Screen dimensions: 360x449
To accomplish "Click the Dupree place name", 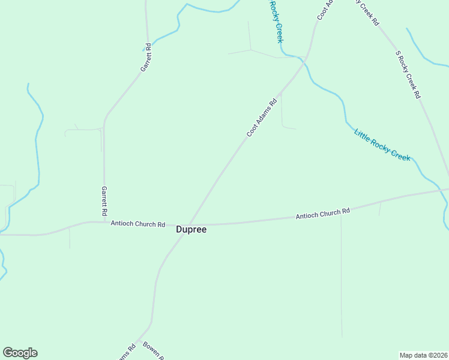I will click(191, 229).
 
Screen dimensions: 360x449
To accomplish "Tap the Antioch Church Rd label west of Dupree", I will click(137, 224).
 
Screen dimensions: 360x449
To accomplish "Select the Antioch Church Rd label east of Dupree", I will click(322, 214).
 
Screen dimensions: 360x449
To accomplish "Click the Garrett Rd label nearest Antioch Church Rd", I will click(104, 200).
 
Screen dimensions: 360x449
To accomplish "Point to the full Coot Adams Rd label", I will click(262, 118).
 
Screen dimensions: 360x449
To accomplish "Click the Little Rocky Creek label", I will click(382, 145).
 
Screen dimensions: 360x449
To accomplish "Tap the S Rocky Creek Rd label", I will click(408, 74).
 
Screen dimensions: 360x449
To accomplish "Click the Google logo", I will click(20, 353).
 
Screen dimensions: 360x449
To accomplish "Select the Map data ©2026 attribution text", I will click(423, 355).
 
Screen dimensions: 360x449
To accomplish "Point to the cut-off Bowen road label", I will click(153, 352).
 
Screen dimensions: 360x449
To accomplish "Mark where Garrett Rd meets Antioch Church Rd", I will click(104, 222).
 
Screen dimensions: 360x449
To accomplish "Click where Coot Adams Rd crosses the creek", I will click(305, 59).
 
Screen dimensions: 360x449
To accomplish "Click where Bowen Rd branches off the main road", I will click(139, 340).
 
